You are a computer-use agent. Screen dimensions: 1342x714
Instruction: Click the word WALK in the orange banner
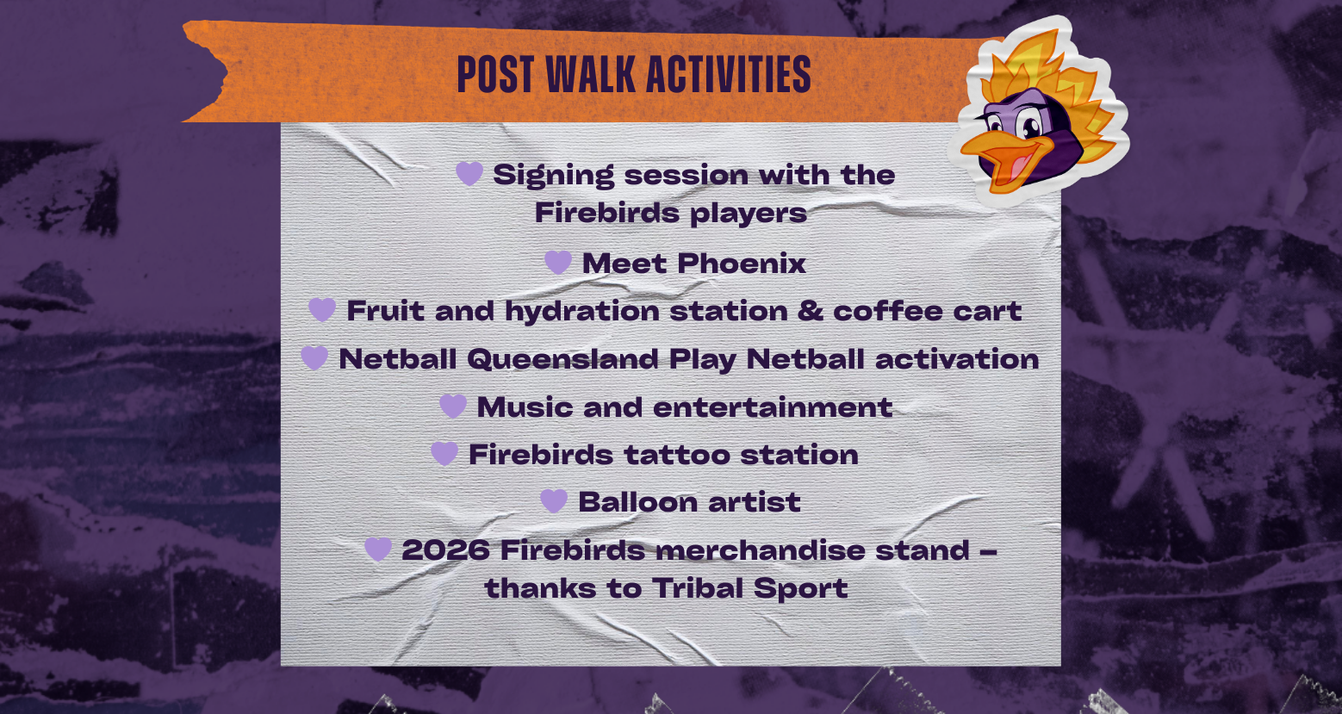pos(590,74)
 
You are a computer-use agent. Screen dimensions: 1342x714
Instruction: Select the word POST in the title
pos(495,74)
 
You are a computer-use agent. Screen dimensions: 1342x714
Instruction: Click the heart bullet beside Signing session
pos(469,174)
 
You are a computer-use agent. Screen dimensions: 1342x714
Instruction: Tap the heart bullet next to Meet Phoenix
pos(558,263)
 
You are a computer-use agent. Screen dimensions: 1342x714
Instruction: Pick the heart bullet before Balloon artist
pos(554,500)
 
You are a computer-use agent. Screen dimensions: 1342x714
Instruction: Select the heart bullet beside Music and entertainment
pos(453,407)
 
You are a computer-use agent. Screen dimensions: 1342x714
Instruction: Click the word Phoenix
pos(741,263)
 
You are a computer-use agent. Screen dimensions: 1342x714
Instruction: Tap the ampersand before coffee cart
pos(811,310)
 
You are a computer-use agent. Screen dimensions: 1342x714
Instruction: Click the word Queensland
pos(562,359)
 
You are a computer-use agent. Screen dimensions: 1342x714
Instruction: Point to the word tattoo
pos(677,455)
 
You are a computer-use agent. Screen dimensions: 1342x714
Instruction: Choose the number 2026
pos(445,549)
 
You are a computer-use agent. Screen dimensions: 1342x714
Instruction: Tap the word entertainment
pos(773,407)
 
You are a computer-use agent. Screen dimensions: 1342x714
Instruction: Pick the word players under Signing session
pos(749,214)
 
